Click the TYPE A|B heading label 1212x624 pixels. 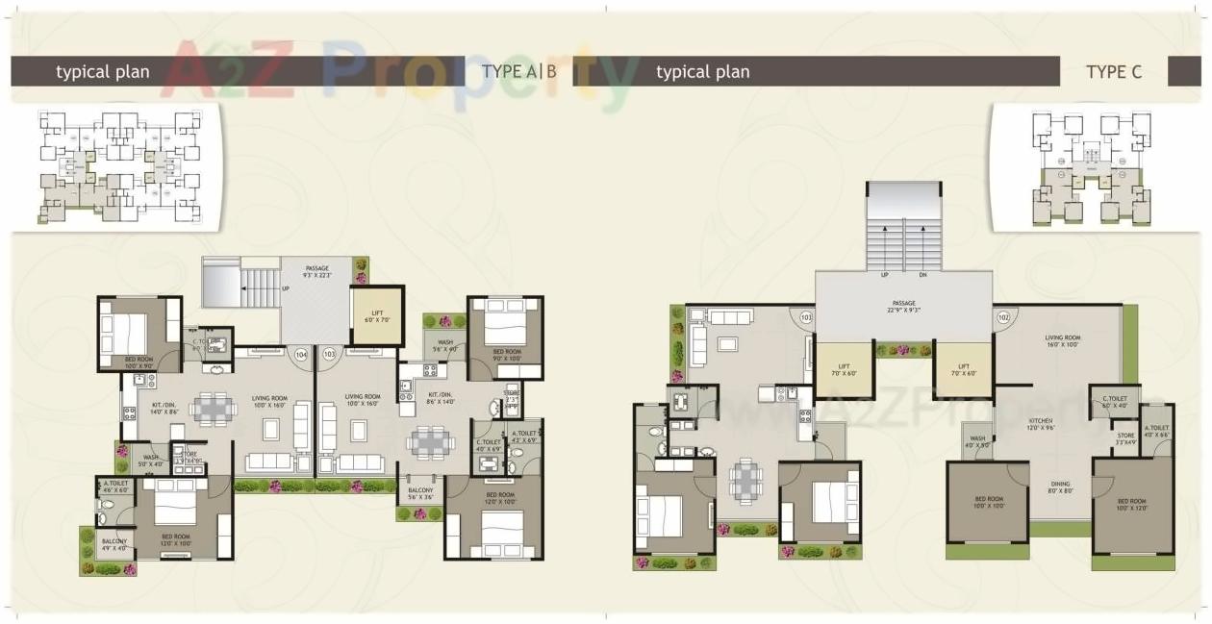(x=519, y=71)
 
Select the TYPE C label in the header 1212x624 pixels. (x=1114, y=71)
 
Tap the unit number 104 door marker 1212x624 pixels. (x=302, y=355)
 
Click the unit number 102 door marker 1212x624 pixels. (x=1003, y=316)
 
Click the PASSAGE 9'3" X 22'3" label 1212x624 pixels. (x=318, y=271)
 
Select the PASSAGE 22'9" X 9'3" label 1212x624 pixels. (x=902, y=306)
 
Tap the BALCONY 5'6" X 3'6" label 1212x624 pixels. (x=420, y=493)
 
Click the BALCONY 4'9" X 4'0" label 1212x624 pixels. (x=114, y=545)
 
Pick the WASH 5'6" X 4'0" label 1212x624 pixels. (x=445, y=345)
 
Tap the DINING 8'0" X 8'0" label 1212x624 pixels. (x=1060, y=487)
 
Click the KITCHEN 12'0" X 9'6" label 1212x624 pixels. (x=1040, y=424)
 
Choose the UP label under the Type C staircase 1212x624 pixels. (x=883, y=274)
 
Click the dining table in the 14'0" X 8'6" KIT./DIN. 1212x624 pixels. (x=213, y=409)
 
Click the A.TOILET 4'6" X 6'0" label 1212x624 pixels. (x=114, y=487)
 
